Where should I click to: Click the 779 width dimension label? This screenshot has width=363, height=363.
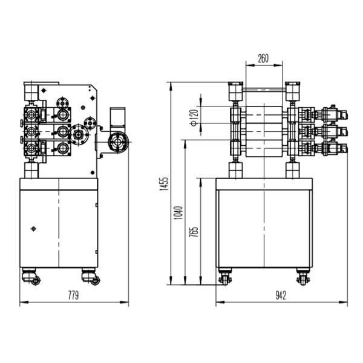pos(73,295)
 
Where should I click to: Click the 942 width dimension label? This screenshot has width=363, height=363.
pos(281,295)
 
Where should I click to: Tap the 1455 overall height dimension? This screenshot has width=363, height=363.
pos(165,184)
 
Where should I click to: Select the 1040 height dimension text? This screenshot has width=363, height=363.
pos(178,213)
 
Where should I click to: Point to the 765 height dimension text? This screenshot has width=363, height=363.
pos(194,232)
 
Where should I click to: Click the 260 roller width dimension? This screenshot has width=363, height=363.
pos(263,58)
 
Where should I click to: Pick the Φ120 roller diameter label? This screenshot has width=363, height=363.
pos(194,117)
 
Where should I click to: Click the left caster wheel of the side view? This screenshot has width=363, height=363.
pos(31,276)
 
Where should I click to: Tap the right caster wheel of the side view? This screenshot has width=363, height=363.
pos(91,276)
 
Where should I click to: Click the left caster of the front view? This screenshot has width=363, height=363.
pos(225,276)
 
